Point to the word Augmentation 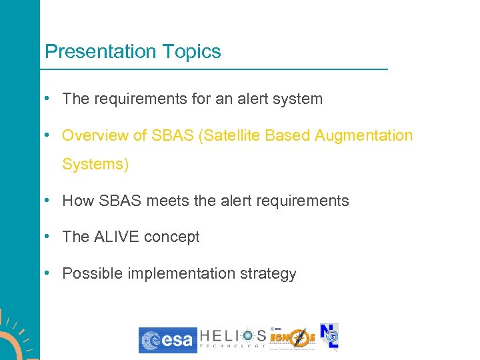pos(364,136)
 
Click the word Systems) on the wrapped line pos(95,164)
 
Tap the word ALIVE pos(119,237)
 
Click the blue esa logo pos(168,340)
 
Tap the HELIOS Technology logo pos(233,339)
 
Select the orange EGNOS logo pos(293,338)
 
